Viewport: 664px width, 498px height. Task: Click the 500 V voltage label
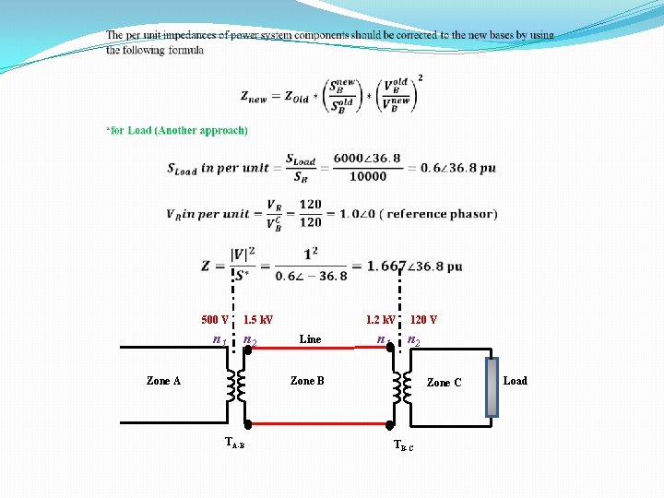point(215,320)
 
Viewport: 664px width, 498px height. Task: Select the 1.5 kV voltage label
point(258,320)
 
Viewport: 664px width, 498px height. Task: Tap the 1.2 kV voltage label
point(380,320)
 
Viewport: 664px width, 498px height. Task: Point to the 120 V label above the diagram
point(423,320)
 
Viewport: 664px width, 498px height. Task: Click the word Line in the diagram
point(310,339)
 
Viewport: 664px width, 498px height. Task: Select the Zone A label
point(163,380)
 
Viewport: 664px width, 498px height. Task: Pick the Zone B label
point(307,380)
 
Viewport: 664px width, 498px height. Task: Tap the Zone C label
point(444,382)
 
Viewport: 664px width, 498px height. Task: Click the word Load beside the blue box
point(515,380)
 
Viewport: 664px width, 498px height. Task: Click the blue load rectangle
point(492,387)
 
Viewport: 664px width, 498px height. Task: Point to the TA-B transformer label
point(234,442)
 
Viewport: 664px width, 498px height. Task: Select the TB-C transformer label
point(403,445)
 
